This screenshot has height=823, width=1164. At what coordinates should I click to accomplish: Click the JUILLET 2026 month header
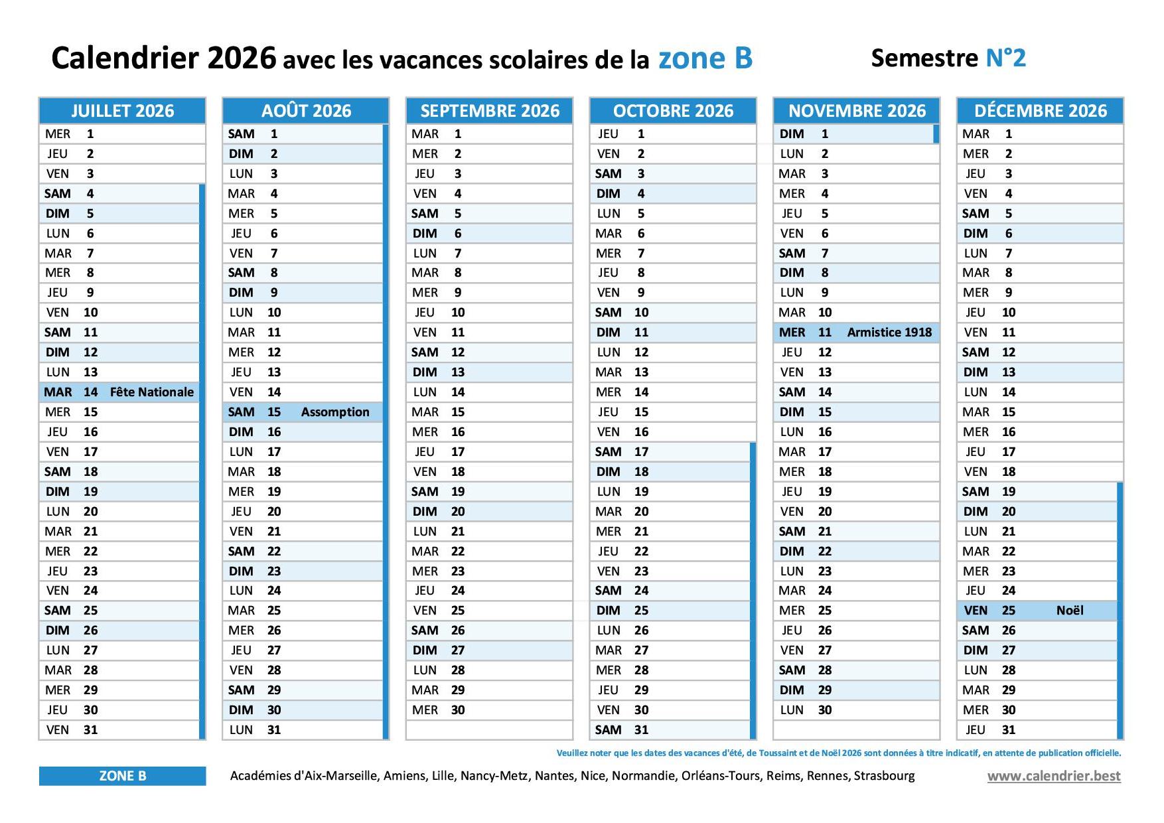(x=123, y=111)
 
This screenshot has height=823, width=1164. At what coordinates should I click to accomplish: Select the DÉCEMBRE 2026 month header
(x=1040, y=111)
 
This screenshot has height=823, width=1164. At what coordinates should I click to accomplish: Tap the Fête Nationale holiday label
(x=152, y=392)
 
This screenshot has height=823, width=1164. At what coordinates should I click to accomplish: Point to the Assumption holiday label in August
(x=335, y=412)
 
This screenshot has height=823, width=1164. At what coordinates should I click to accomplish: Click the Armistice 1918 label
(x=889, y=333)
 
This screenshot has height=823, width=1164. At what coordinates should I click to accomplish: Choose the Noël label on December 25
(x=1070, y=611)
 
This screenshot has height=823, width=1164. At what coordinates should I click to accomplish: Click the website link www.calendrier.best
(x=1054, y=776)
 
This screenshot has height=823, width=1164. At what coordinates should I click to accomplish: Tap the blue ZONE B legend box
(x=123, y=776)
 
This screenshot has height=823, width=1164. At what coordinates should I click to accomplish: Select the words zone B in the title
(x=705, y=58)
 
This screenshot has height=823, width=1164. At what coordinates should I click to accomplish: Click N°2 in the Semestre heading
(x=1005, y=58)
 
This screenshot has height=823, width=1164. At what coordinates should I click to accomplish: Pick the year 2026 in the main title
(x=242, y=58)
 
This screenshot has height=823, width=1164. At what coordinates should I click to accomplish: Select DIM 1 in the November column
(x=804, y=134)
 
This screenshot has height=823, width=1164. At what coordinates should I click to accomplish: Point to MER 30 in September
(x=438, y=710)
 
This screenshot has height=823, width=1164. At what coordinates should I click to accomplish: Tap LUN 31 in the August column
(x=255, y=730)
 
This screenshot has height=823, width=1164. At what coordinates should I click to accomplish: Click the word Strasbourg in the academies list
(x=884, y=776)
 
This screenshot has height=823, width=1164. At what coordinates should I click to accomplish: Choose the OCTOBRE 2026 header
(x=673, y=111)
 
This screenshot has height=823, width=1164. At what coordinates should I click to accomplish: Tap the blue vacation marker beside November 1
(x=936, y=134)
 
